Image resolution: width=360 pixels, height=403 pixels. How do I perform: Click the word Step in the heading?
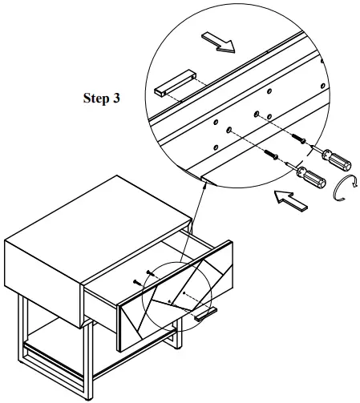pyautogui.click(x=96, y=98)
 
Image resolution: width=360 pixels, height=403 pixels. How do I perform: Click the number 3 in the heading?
pyautogui.click(x=116, y=98)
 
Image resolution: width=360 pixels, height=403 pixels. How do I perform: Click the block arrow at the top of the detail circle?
pyautogui.click(x=218, y=42)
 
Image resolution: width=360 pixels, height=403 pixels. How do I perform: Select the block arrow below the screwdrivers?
pyautogui.click(x=291, y=200)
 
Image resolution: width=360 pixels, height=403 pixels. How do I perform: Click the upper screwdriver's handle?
pyautogui.click(x=337, y=160)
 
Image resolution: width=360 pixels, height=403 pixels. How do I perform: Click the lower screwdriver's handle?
pyautogui.click(x=311, y=177)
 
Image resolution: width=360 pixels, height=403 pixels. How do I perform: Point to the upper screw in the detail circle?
pyautogui.click(x=298, y=138)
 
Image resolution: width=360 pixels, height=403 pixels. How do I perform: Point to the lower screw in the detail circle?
pyautogui.click(x=271, y=155)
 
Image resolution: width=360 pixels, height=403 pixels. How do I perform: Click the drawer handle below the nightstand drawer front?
pyautogui.click(x=205, y=314)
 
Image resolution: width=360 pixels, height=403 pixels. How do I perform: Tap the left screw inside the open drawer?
pyautogui.click(x=137, y=282)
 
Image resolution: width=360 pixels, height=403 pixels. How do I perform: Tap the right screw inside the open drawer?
pyautogui.click(x=150, y=273)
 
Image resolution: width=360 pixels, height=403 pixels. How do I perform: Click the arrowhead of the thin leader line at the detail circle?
pyautogui.click(x=204, y=185)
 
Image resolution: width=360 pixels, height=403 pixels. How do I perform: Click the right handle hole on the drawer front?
pyautogui.click(x=184, y=293)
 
